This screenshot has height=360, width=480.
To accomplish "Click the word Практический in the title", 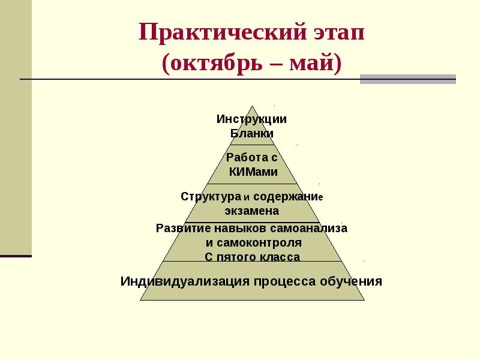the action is click(223, 32).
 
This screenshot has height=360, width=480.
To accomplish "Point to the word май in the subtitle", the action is click(311, 63).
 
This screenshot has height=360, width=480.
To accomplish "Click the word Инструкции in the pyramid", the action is click(251, 119).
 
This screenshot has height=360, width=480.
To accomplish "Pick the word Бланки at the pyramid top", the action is click(251, 133).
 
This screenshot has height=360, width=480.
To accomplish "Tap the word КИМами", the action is click(253, 172).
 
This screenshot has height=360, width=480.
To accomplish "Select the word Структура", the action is click(211, 197).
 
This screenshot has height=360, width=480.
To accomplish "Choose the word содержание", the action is click(288, 197).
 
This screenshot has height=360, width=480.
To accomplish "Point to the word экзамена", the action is click(252, 211).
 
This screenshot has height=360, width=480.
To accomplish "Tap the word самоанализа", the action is click(308, 229).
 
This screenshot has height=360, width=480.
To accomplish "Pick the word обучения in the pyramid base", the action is click(351, 281).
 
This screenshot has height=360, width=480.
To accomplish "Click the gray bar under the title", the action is click(408, 79).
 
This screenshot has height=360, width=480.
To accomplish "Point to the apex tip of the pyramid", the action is click(252, 106).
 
